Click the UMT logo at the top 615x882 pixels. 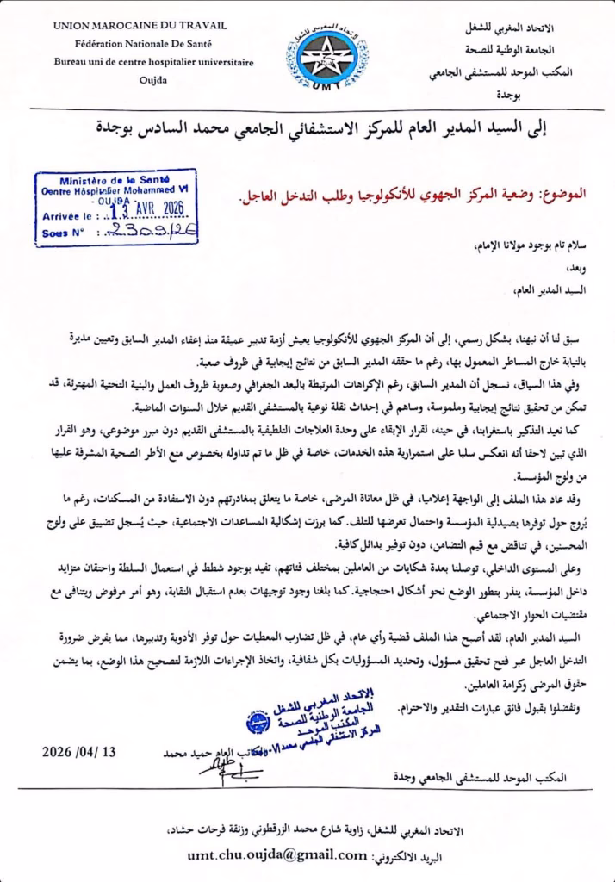pyautogui.click(x=332, y=53)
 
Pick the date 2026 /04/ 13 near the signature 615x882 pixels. pyautogui.click(x=79, y=751)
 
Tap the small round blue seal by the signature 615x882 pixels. pyautogui.click(x=257, y=722)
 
